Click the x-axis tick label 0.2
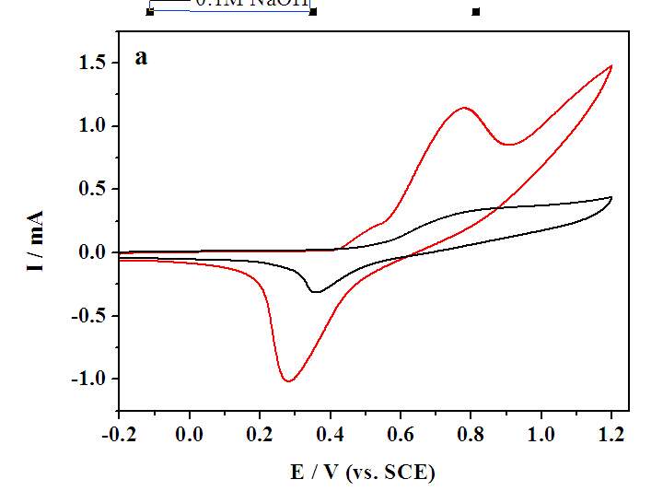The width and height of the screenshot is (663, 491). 260,432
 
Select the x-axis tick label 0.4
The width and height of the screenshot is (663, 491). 330,432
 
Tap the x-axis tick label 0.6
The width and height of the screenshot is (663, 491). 401,432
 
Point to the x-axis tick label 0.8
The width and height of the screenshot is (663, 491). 471,432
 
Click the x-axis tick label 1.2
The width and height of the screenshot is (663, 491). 611,432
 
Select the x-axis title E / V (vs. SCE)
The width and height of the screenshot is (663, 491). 363,473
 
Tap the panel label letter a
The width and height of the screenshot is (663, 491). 141,57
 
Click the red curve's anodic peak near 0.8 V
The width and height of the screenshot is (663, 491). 464,108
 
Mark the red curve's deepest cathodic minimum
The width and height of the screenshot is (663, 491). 288,380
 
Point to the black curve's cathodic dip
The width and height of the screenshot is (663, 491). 316,292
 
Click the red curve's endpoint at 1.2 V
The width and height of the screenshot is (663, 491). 611,66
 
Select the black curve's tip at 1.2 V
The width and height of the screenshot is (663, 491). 611,198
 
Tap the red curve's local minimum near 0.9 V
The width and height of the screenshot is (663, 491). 509,144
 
